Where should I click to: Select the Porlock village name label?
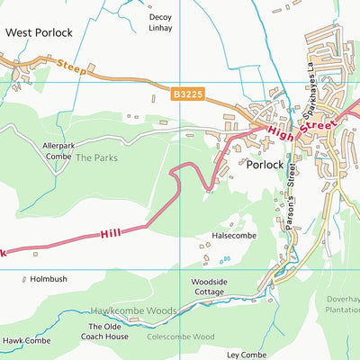coord(263,165)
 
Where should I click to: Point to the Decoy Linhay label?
coord(160,22)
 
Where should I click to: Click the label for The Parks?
coord(95,157)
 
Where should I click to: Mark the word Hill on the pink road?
coord(111,233)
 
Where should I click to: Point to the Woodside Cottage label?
coord(208,287)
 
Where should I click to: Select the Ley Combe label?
coord(247,355)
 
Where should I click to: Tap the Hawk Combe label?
coord(25,341)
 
